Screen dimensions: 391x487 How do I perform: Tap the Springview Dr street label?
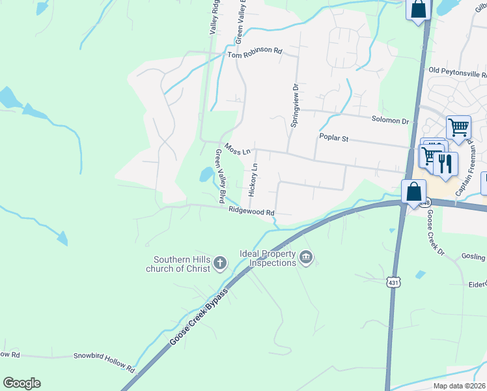coord(294,105)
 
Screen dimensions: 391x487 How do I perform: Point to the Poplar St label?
coord(335,138)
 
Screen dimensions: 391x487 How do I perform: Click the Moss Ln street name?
coord(237,149)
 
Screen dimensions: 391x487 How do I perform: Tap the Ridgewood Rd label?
coord(251,211)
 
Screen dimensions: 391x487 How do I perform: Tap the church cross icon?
coord(220,263)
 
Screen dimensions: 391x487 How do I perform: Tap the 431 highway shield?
coord(393,282)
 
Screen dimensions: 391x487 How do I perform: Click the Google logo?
coord(21,383)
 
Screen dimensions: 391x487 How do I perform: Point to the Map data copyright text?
coord(460,386)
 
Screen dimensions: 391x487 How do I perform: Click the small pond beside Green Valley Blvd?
coord(206,174)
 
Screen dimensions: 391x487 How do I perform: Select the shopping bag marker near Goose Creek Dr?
coord(413,192)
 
